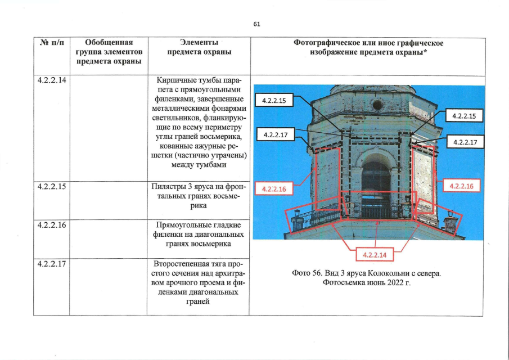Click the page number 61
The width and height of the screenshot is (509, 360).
tap(256, 24)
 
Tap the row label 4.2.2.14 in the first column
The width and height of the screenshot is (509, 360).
tap(52, 80)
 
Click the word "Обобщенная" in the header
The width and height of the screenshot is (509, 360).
tap(108, 43)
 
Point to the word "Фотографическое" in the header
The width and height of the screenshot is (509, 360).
tap(324, 43)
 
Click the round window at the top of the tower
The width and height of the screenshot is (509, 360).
tap(377, 105)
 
